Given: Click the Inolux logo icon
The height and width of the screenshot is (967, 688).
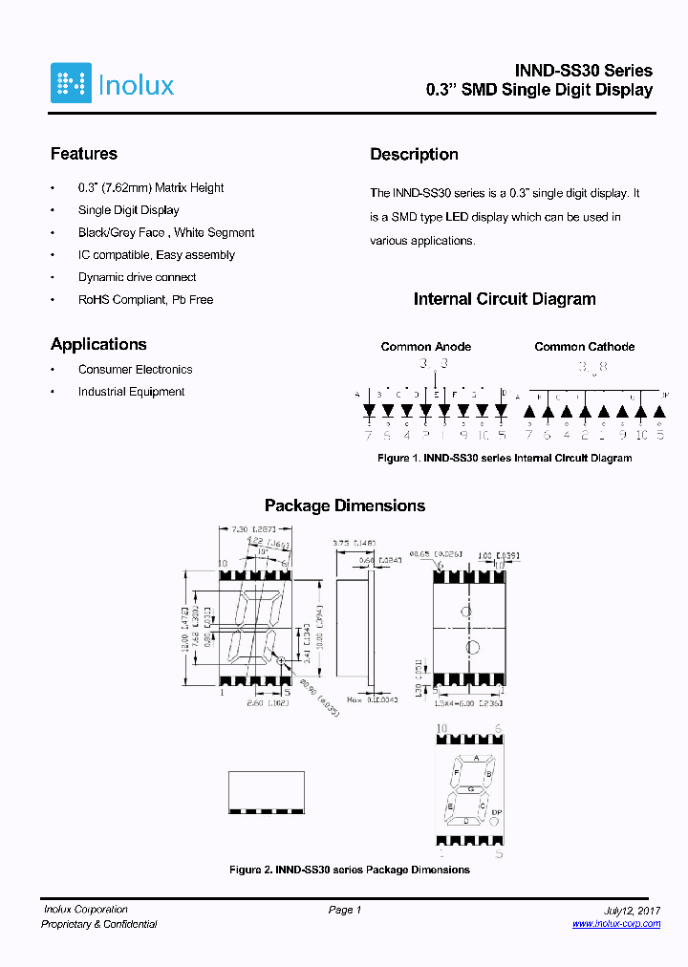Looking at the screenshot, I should point(71,83).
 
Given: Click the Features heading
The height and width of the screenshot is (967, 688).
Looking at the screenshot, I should point(84,154).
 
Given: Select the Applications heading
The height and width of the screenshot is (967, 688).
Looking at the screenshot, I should point(98,344).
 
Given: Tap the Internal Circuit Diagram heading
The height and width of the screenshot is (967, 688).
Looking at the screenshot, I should point(504,299).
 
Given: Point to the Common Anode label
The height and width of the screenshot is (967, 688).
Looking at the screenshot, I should point(425,347).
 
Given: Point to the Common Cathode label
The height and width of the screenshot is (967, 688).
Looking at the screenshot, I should point(584,347).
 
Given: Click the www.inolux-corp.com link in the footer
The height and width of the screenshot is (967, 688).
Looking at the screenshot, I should point(615,924).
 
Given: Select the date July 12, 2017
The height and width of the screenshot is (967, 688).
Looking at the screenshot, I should point(633,910).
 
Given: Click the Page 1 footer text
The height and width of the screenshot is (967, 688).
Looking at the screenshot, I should point(344,910).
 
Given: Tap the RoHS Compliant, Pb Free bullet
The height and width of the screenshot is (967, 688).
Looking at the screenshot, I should point(145,300).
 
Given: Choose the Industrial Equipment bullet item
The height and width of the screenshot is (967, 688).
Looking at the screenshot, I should point(131,392).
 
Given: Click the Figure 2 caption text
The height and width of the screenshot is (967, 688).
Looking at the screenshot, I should point(350,870).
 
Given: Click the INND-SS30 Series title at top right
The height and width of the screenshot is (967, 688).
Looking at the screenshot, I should point(583,71).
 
